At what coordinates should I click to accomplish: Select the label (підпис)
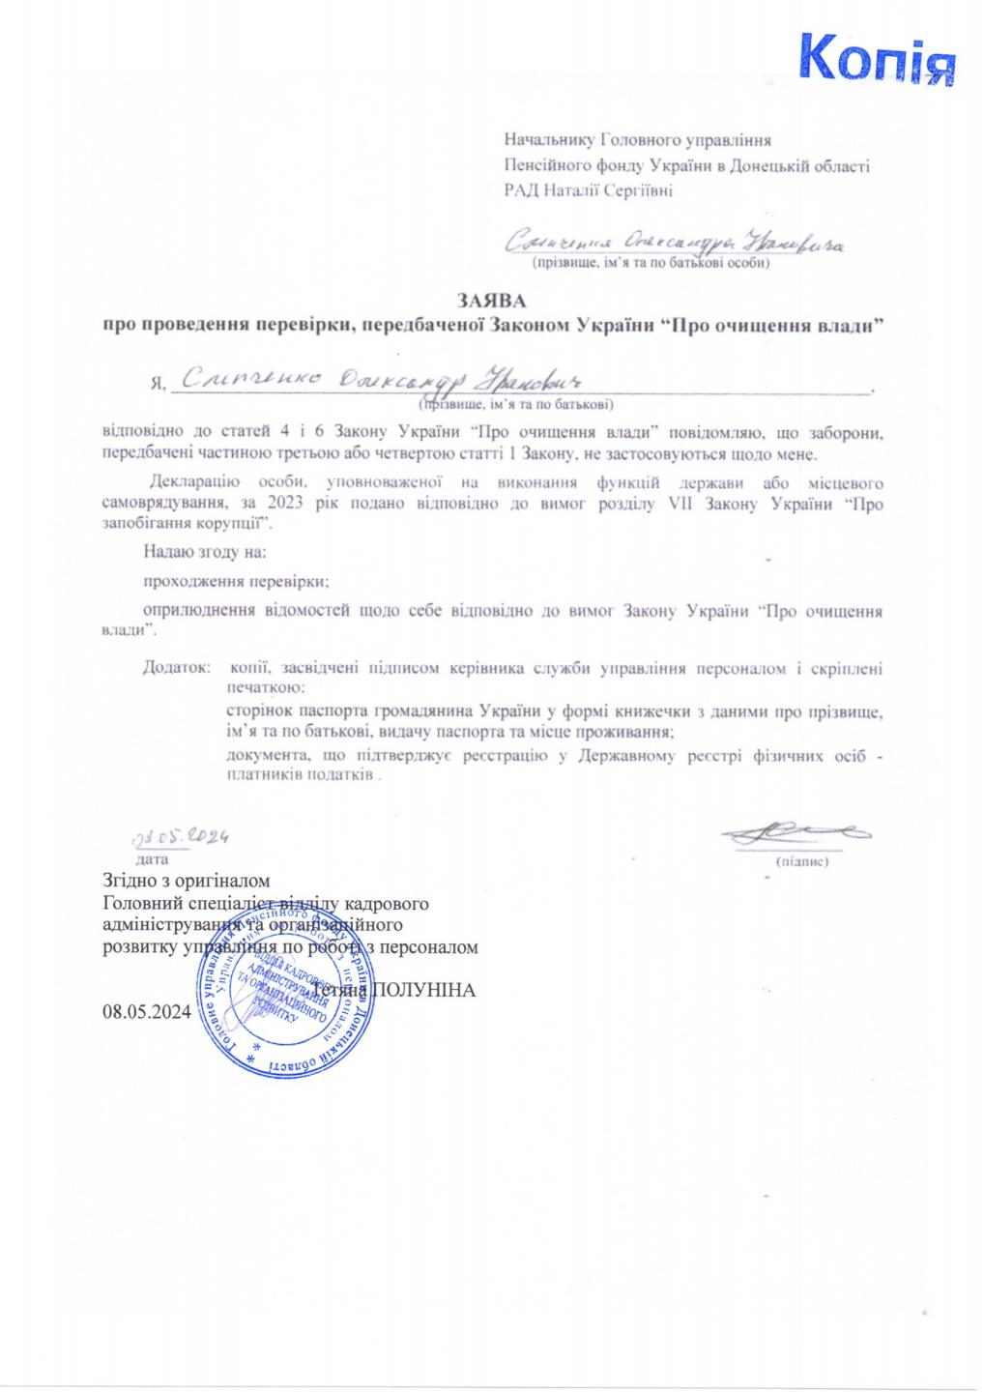tap(802, 859)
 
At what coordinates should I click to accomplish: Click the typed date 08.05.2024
tap(146, 1013)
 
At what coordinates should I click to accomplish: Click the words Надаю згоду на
tap(204, 553)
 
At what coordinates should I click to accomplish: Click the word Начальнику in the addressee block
tap(550, 140)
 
